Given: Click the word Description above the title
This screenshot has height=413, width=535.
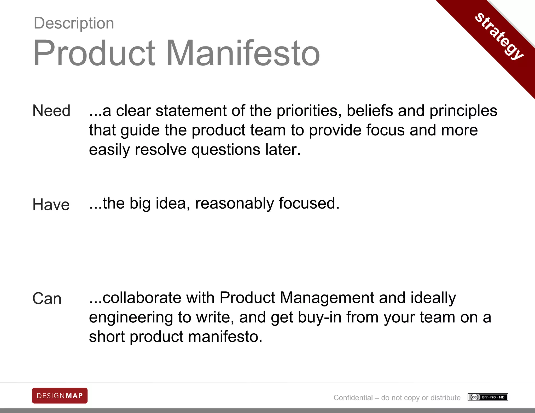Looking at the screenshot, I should click(74, 23).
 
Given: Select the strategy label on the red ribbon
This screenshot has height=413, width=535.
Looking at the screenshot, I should click(499, 36).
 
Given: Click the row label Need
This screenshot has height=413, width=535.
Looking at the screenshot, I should click(51, 111).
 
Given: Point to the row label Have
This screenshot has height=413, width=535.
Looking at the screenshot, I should click(51, 204).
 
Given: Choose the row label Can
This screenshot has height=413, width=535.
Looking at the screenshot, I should click(47, 298).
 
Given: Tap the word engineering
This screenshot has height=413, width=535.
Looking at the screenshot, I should click(131, 318).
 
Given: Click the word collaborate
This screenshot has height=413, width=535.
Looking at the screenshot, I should click(142, 298).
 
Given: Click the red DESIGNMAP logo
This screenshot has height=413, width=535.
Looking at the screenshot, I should click(60, 396).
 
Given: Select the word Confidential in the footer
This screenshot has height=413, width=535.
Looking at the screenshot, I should click(353, 398).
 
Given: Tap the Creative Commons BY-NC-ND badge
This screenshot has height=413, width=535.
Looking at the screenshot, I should click(488, 397).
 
